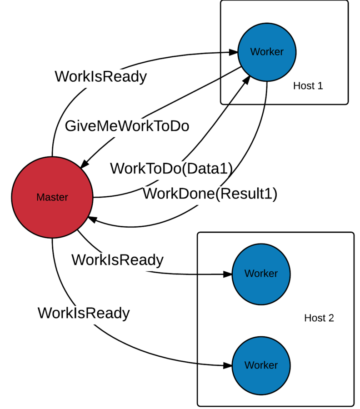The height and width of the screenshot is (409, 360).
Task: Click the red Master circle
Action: coord(52,214)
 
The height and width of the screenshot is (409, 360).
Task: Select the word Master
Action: coord(52,197)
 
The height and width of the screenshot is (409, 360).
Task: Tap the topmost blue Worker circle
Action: coord(267,68)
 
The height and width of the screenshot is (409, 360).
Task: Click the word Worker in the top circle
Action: coord(267,52)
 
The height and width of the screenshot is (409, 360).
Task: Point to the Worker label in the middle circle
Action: coord(261,274)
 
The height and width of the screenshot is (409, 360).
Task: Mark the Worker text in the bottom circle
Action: coord(261,365)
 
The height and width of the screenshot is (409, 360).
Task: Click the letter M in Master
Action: coord(40,197)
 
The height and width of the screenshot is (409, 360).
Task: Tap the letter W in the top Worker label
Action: coord(255,52)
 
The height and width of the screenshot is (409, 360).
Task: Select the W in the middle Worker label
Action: coord(249,274)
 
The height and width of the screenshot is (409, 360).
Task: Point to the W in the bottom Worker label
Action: coord(249,365)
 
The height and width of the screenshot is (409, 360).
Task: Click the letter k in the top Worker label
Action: coord(270,52)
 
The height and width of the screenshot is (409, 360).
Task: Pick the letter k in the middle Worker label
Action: coord(264,274)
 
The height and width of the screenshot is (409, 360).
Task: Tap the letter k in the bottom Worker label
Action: coord(264,365)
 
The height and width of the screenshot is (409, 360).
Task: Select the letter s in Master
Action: coord(52,198)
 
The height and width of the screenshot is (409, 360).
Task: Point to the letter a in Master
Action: coord(46,198)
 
